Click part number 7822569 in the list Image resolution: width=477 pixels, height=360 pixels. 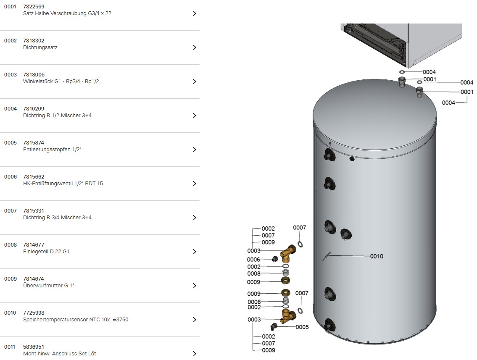tap(34, 6)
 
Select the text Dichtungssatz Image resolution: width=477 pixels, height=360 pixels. tap(40, 47)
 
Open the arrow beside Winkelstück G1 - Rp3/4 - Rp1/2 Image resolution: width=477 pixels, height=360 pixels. tap(195, 81)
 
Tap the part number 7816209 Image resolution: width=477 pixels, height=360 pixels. tap(34, 108)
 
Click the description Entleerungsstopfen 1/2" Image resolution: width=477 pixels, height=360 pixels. tap(52, 149)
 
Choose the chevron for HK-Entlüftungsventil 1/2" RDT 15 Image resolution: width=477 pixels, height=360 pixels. tap(195, 184)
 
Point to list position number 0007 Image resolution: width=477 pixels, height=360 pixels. tap(11, 211)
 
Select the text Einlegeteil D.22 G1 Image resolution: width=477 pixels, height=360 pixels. tap(46, 252)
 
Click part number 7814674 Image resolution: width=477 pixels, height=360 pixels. tap(34, 279)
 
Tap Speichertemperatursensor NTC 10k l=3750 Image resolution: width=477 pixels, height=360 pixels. tap(76, 320)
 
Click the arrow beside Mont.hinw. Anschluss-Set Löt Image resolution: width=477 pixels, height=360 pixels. tap(195, 354)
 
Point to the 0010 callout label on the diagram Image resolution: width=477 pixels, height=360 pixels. tap(377, 256)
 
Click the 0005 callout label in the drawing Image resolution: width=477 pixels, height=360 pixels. tap(302, 327)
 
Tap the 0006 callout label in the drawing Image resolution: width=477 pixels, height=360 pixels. tap(253, 260)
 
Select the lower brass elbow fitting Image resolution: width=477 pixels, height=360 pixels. tap(287, 316)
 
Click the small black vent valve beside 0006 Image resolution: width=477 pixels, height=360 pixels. tap(275, 259)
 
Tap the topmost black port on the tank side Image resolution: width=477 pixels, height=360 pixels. tap(329, 155)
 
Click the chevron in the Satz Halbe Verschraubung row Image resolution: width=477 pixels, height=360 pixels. tap(195, 13)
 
